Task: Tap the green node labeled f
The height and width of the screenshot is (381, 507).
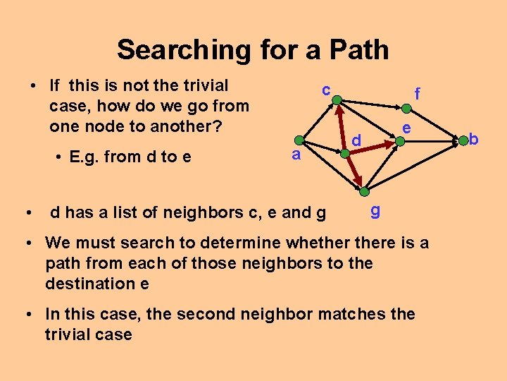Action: click(x=405, y=109)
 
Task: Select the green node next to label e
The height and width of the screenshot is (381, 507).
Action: click(x=399, y=141)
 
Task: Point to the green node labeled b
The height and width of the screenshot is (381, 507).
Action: click(x=463, y=142)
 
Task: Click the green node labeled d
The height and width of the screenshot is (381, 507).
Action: click(x=344, y=150)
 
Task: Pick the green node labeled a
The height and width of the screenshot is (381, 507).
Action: click(x=300, y=140)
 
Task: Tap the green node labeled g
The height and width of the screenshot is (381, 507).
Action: click(x=364, y=191)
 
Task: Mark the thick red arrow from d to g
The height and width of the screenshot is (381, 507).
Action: click(x=353, y=170)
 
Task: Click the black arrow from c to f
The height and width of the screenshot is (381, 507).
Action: click(x=371, y=104)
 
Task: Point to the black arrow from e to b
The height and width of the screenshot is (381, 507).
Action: click(x=431, y=142)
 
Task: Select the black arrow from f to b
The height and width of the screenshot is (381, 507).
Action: click(x=434, y=126)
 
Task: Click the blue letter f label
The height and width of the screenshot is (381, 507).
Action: click(x=418, y=94)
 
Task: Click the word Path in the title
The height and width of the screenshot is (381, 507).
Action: click(x=356, y=50)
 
